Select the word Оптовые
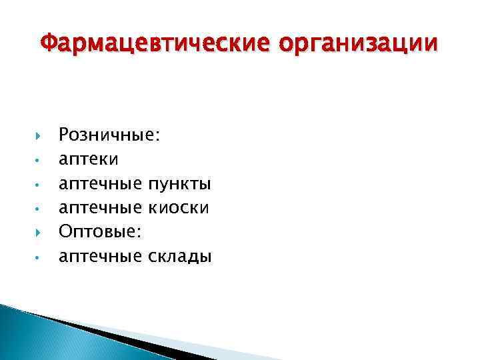coord(102,231)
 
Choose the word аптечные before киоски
coord(101,208)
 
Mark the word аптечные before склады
coord(101,255)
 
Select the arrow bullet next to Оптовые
coord(39,231)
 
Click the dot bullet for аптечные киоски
coord(39,209)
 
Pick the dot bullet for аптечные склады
coord(39,256)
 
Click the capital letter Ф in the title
coord(47,44)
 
